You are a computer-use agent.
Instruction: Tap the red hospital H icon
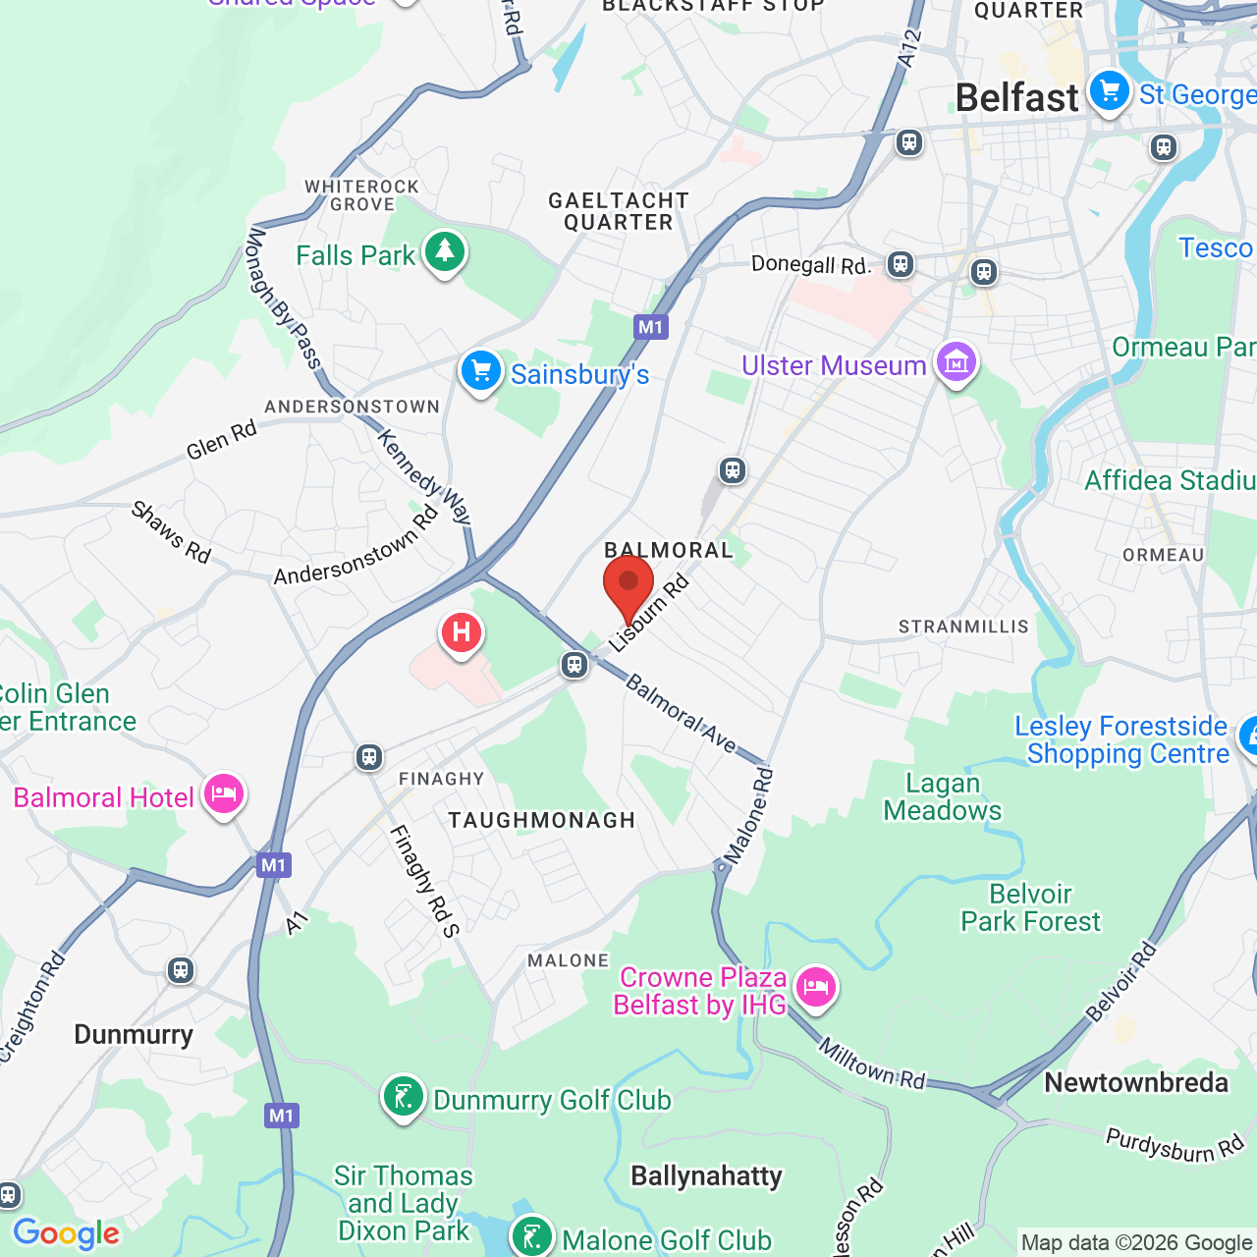461,632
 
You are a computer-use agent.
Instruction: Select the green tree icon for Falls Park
445,252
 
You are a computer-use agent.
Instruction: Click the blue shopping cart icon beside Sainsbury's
481,372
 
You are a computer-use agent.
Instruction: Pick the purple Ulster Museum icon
956,363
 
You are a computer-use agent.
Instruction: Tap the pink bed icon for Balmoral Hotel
224,794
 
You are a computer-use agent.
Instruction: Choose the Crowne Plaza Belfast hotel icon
815,988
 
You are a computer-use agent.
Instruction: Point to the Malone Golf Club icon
532,1237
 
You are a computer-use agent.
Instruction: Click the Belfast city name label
1016,98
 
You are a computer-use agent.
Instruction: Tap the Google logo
67,1233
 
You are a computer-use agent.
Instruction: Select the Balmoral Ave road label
681,714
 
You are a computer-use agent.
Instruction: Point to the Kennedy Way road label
425,476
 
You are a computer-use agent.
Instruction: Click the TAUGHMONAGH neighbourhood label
542,820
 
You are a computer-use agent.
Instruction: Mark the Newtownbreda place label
1136,1082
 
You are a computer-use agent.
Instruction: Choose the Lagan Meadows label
943,796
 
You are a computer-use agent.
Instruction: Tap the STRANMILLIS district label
963,627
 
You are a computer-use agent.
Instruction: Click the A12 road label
910,49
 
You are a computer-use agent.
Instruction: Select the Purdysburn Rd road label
1175,1145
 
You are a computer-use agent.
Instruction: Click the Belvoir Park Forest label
1031,907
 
